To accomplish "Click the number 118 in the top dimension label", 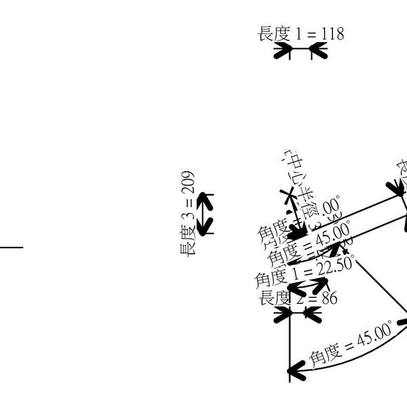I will coord(330,33).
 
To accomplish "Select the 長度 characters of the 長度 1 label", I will coord(273,33).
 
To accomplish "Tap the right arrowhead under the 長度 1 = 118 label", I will coord(319,52).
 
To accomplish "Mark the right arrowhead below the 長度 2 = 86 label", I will coord(312,313).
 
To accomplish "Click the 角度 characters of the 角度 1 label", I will coord(269,278).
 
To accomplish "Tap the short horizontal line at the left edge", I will coord(11,247).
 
